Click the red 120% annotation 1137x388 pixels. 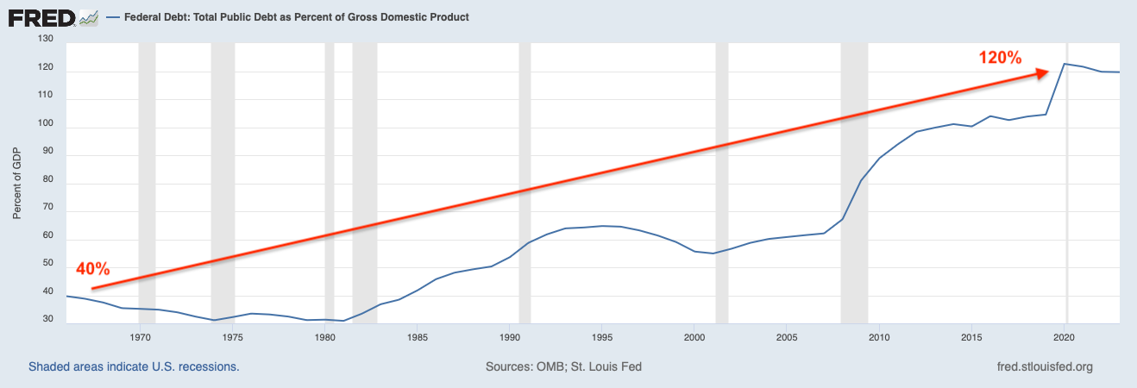[1000, 59]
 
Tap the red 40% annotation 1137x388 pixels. [93, 268]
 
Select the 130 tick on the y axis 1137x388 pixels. [46, 40]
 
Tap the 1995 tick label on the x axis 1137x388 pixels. [602, 337]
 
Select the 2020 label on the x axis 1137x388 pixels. [1065, 337]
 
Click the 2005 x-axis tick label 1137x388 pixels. [787, 337]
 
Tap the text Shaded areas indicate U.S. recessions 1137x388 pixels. [134, 366]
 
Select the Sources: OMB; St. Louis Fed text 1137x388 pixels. [563, 366]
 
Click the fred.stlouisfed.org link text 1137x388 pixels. [1044, 366]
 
